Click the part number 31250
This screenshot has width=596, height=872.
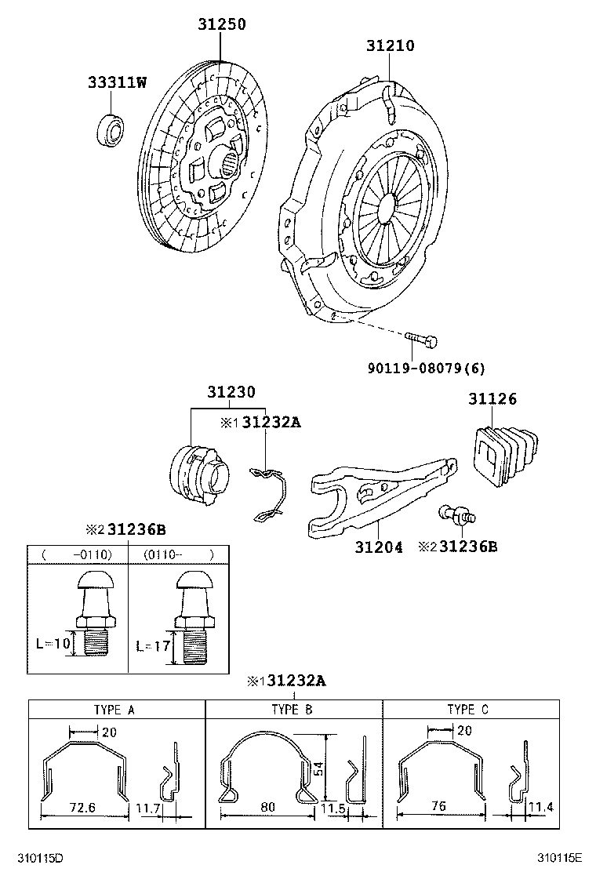click(220, 24)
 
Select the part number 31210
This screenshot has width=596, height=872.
click(390, 46)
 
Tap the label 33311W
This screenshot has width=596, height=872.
click(117, 82)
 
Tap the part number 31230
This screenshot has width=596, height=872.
click(231, 392)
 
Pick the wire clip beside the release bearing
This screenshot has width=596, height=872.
click(270, 494)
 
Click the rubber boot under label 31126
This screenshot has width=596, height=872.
click(503, 456)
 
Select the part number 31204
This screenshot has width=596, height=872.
click(379, 547)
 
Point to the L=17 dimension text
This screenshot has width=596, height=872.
click(152, 646)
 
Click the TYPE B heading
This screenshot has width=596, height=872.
click(293, 710)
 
